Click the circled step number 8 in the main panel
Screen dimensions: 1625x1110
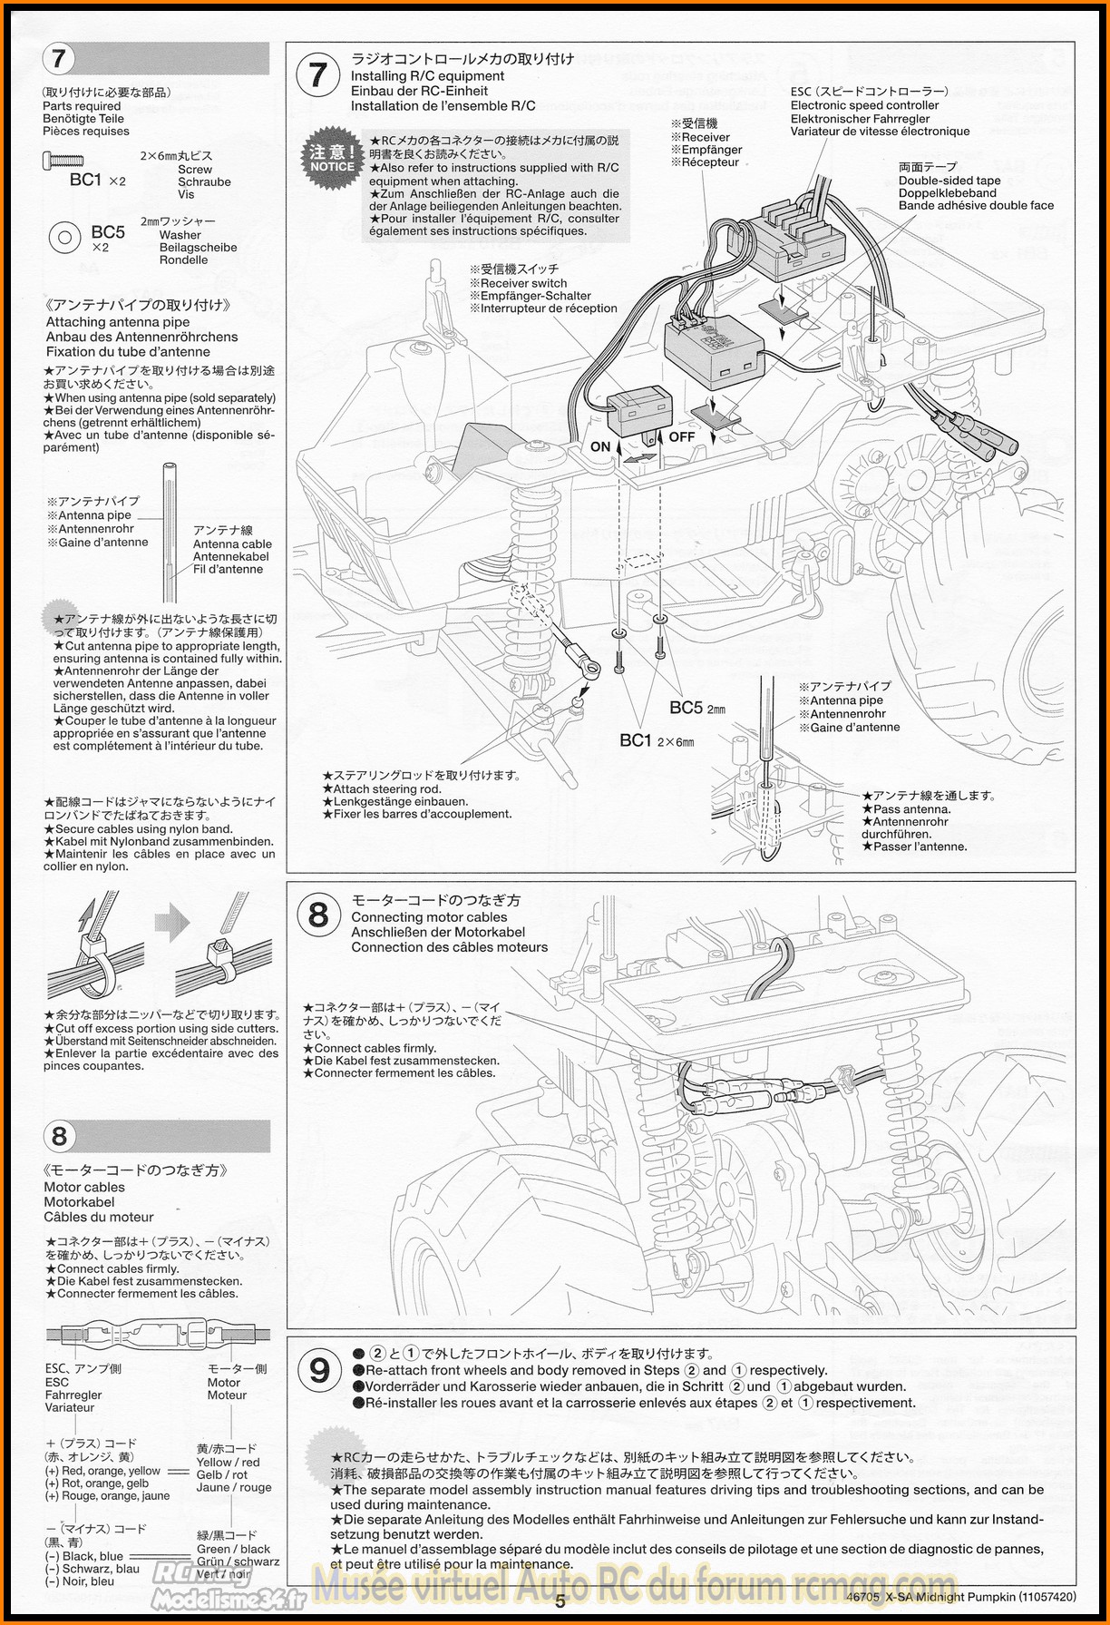[318, 915]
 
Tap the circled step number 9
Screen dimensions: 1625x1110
[319, 1369]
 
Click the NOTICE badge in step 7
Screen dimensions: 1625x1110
[332, 160]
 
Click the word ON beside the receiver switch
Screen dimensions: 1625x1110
[600, 446]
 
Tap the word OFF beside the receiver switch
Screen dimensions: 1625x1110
[681, 437]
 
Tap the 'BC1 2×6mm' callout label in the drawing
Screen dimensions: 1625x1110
[657, 740]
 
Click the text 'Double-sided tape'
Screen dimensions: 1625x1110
[949, 181]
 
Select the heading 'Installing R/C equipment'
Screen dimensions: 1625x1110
[427, 76]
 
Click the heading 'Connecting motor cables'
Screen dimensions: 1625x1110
[429, 917]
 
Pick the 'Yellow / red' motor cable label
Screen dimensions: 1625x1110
[228, 1463]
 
